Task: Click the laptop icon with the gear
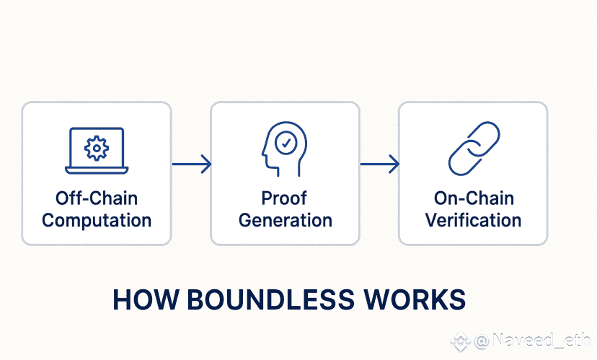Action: click(97, 151)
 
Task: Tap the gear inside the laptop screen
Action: click(97, 147)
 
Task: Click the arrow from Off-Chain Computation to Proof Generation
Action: click(192, 164)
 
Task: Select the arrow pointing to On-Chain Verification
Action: click(380, 164)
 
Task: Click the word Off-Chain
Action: click(97, 198)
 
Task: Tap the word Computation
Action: click(97, 220)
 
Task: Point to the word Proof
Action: click(285, 198)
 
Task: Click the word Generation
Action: click(285, 220)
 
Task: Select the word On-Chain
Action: click(473, 198)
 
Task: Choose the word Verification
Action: click(473, 220)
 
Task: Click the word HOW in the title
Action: click(140, 300)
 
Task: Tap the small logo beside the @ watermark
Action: click(459, 339)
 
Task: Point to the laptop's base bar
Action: click(97, 170)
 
